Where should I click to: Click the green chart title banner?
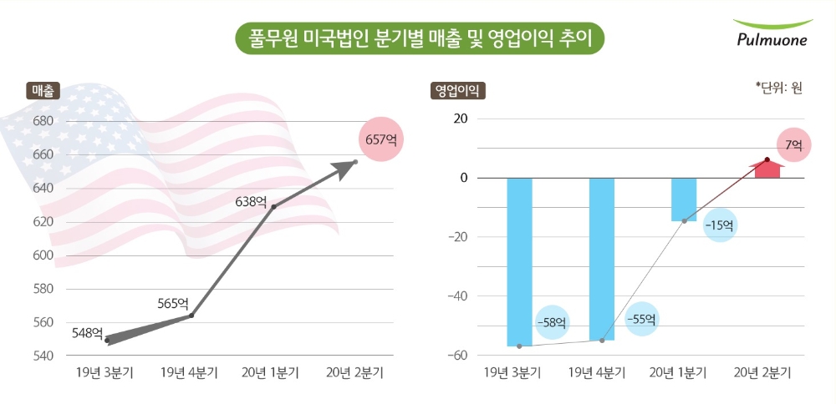[x=419, y=38]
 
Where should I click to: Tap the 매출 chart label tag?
[x=42, y=91]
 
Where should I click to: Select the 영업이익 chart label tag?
[x=457, y=91]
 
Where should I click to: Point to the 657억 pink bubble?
[x=380, y=139]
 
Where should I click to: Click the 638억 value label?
[x=251, y=201]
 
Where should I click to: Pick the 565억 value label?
[x=173, y=303]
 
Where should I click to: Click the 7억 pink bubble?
[x=793, y=145]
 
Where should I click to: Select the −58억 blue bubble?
[x=551, y=322]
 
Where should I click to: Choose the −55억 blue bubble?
[x=641, y=318]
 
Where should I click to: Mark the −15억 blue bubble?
[x=720, y=225]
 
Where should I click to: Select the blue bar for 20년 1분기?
[x=684, y=199]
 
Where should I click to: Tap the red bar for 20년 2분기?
[x=767, y=169]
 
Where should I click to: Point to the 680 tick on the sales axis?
[x=43, y=121]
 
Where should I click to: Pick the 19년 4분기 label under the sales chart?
[x=189, y=372]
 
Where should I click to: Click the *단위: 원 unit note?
[x=778, y=87]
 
